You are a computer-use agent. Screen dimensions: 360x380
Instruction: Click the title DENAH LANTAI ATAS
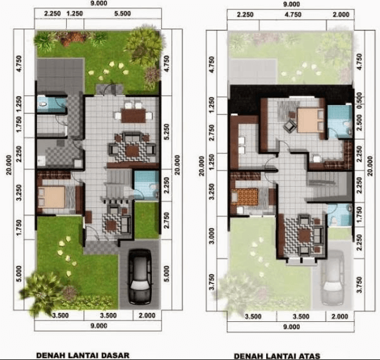(x=276, y=354)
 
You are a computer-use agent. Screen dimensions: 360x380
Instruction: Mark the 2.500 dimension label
(x=359, y=120)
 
